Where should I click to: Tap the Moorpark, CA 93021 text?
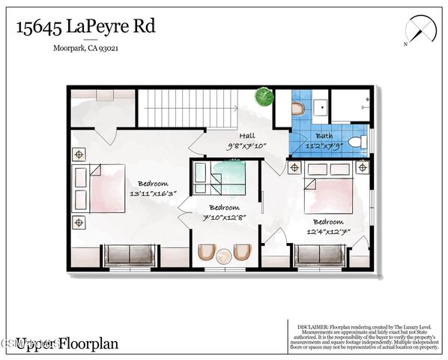tap(87, 50)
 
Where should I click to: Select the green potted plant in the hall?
tap(263, 97)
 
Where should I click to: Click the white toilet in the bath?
tap(356, 140)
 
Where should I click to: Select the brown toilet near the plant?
tap(298, 109)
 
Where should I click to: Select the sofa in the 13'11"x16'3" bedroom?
tap(130, 255)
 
